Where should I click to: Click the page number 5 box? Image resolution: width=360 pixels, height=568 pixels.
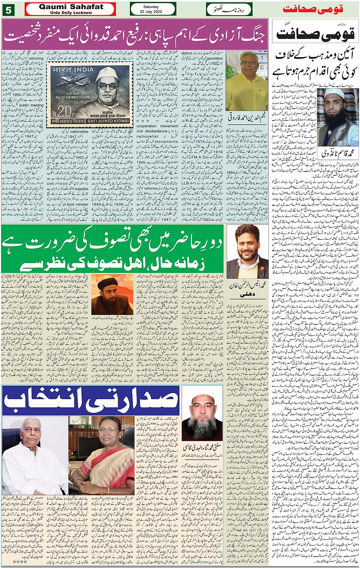(x=8, y=9)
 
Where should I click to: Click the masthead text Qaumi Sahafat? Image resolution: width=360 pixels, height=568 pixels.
(x=70, y=6)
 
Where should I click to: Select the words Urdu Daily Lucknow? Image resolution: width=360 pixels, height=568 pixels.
(x=71, y=13)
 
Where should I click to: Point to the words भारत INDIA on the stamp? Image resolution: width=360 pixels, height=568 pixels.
(x=73, y=70)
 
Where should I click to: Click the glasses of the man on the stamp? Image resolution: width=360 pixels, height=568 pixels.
(x=107, y=86)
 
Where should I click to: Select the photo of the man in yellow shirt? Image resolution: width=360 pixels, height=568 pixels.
(x=246, y=81)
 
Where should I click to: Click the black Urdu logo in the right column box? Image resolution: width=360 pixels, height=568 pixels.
(x=315, y=35)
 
